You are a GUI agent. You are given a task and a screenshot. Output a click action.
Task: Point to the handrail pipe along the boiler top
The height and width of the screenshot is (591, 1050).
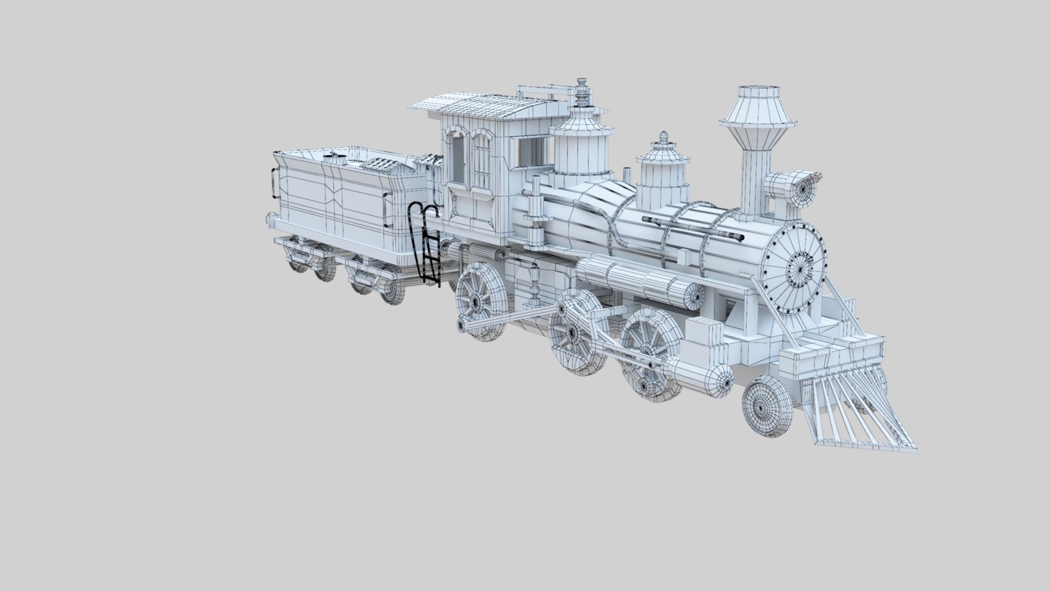[x=693, y=228]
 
